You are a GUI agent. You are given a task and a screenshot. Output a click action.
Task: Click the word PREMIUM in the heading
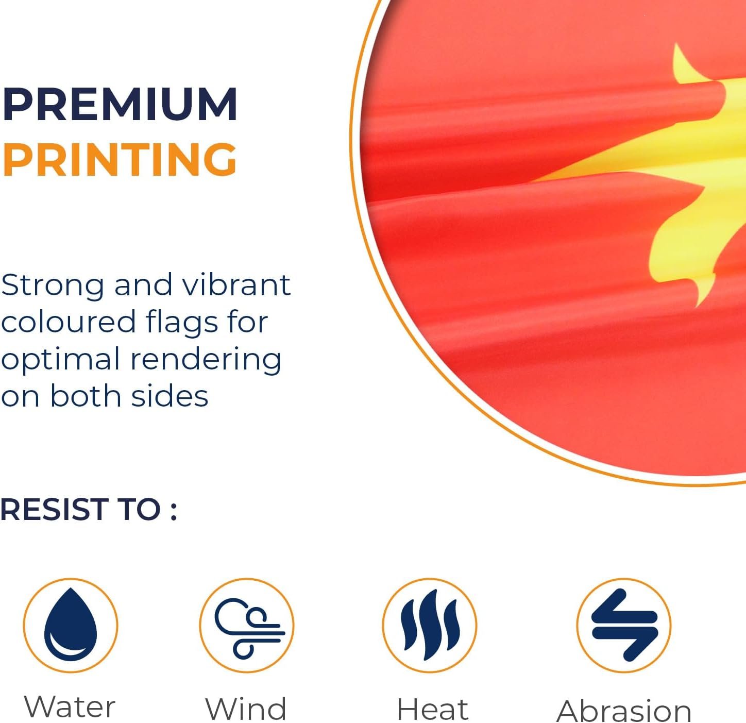(120, 104)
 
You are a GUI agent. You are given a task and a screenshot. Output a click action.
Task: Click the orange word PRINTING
(120, 159)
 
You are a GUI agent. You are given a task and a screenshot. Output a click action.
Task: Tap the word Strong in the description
(53, 285)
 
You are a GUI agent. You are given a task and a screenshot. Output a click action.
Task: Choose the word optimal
(61, 360)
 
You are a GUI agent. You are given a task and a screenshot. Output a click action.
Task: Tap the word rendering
(206, 360)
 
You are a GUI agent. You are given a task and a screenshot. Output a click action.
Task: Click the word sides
(170, 396)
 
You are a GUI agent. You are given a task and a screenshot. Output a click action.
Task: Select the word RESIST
(53, 510)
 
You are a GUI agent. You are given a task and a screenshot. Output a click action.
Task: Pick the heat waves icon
(430, 625)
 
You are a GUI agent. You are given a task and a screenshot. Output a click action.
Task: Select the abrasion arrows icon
(624, 625)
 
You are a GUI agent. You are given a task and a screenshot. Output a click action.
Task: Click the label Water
(70, 707)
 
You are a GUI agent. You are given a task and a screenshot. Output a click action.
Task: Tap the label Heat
(433, 709)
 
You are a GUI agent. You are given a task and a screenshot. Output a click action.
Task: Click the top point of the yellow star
(675, 43)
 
